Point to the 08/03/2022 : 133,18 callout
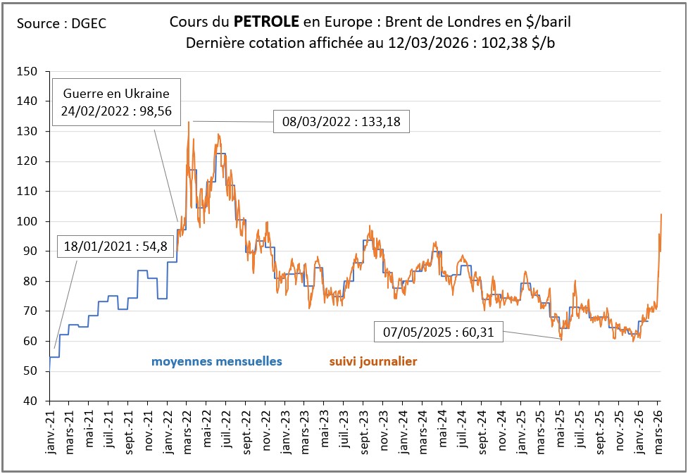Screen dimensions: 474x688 tap(342, 122)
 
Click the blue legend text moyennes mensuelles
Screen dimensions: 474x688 tap(216, 361)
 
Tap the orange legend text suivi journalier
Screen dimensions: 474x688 tap(373, 361)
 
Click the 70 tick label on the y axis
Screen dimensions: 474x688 tap(30, 311)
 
